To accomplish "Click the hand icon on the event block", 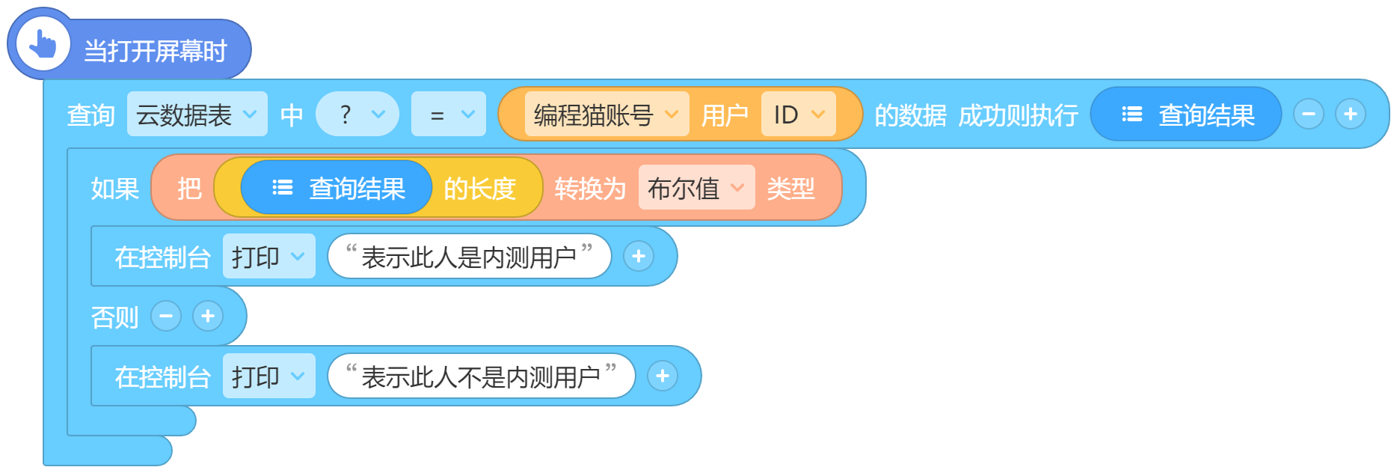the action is (x=43, y=44).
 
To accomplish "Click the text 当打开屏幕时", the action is (x=156, y=51).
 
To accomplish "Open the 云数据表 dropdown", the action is (x=197, y=115).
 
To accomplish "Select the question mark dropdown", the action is (x=357, y=115).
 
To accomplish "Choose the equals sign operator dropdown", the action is (x=449, y=115).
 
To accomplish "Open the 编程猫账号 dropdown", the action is (x=607, y=115).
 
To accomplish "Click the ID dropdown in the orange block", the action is (x=799, y=115).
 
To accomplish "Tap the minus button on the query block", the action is (x=1309, y=115).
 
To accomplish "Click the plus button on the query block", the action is (x=1351, y=115).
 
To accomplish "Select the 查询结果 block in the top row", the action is (x=1186, y=115).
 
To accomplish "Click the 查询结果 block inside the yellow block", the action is (x=337, y=188).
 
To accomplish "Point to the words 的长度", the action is (x=480, y=189).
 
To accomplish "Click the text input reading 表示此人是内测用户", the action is (x=470, y=257).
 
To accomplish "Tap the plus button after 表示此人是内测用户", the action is (x=639, y=257).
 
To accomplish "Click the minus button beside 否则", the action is (x=166, y=317).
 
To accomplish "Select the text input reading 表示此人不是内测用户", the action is (x=482, y=376).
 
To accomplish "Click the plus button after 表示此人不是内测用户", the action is (x=663, y=376).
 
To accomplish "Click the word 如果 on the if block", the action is (x=115, y=189).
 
